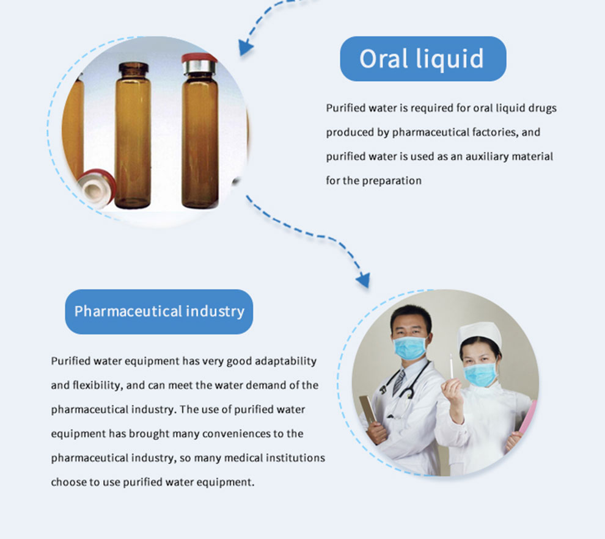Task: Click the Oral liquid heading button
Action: (x=423, y=59)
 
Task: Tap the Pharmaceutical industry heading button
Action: (x=159, y=311)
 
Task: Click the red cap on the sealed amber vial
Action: (x=199, y=59)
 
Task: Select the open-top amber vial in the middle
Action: (x=133, y=135)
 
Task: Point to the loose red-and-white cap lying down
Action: (x=97, y=187)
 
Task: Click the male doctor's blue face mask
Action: (x=410, y=347)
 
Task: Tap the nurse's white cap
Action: (x=480, y=333)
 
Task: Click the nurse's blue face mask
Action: (x=480, y=374)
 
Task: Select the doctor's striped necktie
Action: (x=399, y=382)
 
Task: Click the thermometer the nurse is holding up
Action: (x=451, y=366)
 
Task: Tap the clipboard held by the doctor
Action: (x=368, y=410)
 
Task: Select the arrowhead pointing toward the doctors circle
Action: (x=363, y=280)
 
